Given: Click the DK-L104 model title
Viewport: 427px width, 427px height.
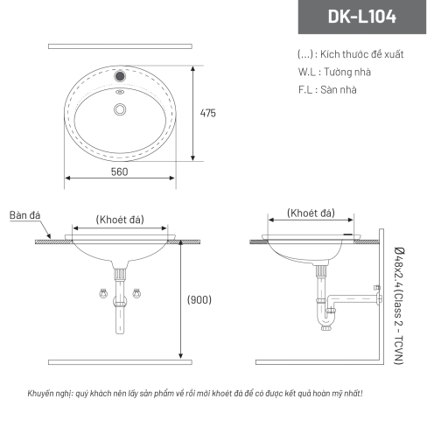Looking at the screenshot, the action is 362,17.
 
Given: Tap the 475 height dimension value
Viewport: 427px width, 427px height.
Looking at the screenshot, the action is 208,113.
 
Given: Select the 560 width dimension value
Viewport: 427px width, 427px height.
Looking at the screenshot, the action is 120,171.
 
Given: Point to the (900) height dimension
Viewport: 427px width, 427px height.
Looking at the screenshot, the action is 199,299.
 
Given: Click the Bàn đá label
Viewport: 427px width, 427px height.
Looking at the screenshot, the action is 24,215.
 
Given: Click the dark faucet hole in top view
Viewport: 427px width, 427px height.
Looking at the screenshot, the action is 120,76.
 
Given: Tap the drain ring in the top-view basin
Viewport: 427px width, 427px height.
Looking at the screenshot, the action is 120,109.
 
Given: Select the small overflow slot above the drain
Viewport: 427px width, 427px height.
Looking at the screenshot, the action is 120,92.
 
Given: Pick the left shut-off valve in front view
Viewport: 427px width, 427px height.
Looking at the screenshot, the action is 103,293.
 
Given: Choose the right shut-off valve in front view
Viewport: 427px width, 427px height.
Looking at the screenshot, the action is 136,293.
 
